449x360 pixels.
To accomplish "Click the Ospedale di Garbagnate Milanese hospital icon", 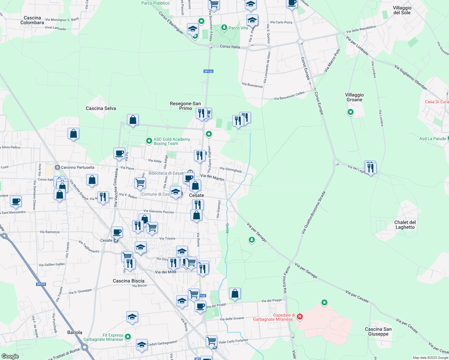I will pyautogui.click(x=300, y=316).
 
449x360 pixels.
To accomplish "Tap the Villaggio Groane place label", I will pyautogui.click(x=354, y=97).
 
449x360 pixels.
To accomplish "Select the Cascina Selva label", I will pyautogui.click(x=101, y=108).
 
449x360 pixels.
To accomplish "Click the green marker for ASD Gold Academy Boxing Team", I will pyautogui.click(x=149, y=141).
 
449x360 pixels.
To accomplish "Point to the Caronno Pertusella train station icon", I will pyautogui.click(x=57, y=167).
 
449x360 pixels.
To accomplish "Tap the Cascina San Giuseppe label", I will pyautogui.click(x=378, y=331).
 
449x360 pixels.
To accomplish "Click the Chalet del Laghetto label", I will pyautogui.click(x=405, y=225).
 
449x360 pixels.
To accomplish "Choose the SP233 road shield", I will pyautogui.click(x=41, y=284).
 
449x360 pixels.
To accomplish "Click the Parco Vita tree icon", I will pyautogui.click(x=224, y=28).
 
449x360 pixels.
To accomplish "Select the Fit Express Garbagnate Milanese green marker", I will pyautogui.click(x=128, y=337).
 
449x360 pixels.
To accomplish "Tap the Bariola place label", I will pyautogui.click(x=75, y=332).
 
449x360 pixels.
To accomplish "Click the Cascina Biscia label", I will pyautogui.click(x=128, y=281).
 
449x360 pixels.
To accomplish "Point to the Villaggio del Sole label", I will pyautogui.click(x=402, y=10).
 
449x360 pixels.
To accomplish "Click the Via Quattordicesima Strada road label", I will pyautogui.click(x=313, y=213).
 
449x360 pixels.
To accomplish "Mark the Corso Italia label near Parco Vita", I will pyautogui.click(x=230, y=46).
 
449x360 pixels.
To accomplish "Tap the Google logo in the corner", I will pyautogui.click(x=10, y=356).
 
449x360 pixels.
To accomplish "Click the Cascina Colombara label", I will pyautogui.click(x=32, y=20).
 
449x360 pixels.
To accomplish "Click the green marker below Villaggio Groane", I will pyautogui.click(x=350, y=112).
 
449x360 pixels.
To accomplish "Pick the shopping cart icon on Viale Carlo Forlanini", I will pyautogui.click(x=212, y=341).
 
